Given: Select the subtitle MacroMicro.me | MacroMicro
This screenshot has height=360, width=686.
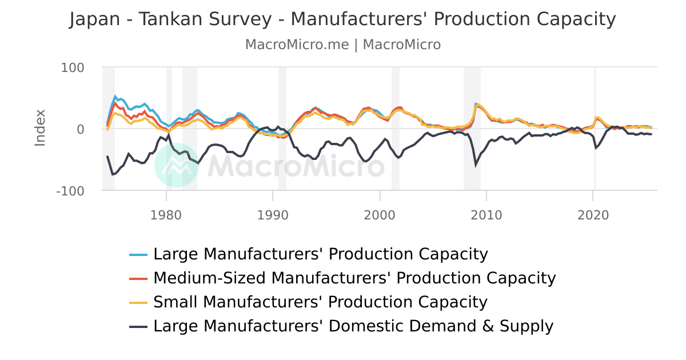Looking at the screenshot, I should pos(342,45).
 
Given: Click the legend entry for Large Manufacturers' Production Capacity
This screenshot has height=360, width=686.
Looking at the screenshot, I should pos(320,254).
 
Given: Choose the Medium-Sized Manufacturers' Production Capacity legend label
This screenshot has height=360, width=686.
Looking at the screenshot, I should pos(354,278).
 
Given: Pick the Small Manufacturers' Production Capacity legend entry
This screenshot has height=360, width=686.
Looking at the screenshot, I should pos(320,302).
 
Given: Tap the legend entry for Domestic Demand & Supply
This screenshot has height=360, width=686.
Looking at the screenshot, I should pos(353,326).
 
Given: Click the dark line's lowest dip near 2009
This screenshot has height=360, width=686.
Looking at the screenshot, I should pos(476,165).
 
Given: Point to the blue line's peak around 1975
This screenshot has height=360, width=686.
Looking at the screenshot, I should pos(115,97).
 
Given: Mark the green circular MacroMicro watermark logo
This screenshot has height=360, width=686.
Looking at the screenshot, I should pos(177,165).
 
